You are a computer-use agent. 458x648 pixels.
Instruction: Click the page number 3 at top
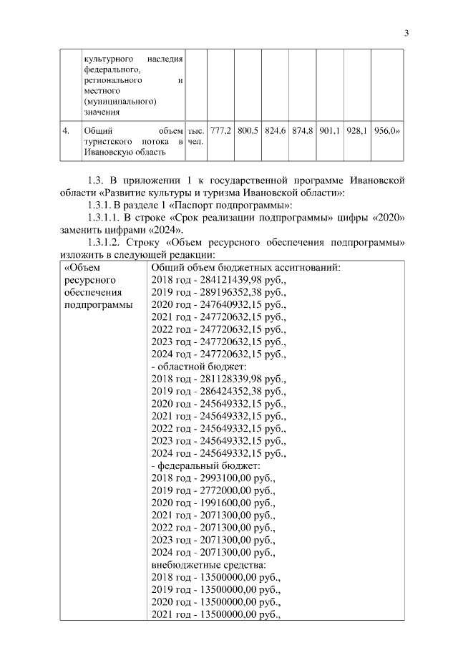[x=406, y=32]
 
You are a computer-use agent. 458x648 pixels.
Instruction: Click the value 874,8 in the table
[x=303, y=131]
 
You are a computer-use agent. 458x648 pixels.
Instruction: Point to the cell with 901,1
[x=330, y=131]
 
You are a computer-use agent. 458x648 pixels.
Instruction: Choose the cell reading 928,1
[x=357, y=131]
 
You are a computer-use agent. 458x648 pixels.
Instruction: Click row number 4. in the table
[x=66, y=131]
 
